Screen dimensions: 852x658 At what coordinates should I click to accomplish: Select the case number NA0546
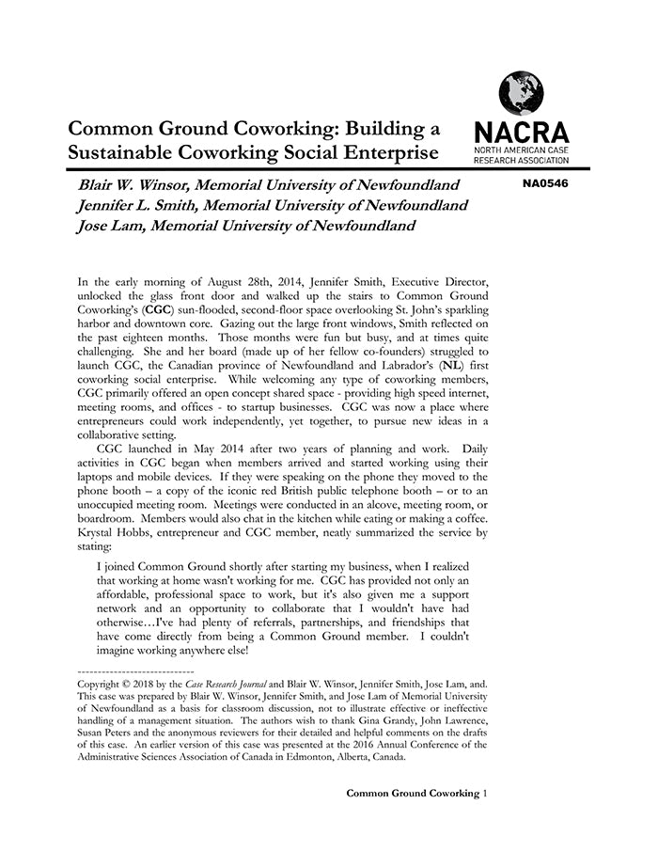[x=545, y=183]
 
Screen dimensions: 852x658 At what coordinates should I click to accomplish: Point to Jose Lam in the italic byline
[x=109, y=226]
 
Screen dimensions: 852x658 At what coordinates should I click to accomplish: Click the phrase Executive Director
[x=444, y=279]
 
